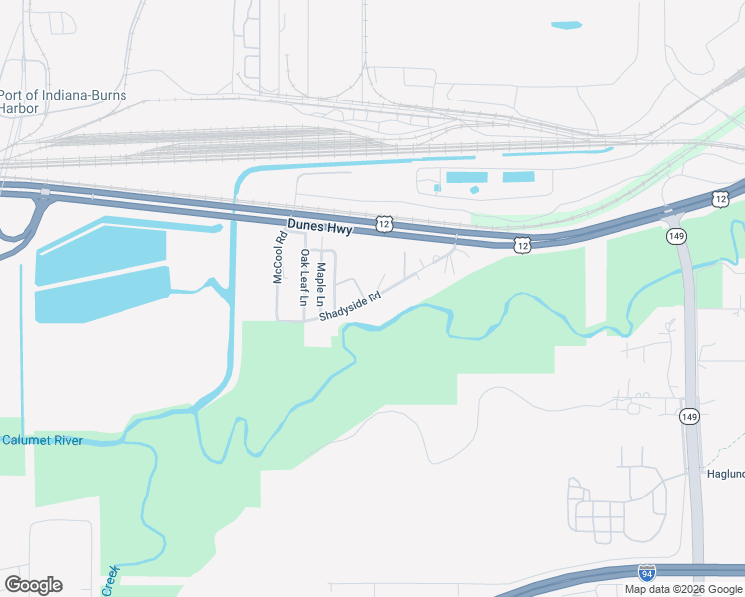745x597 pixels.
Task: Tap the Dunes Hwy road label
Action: [321, 228]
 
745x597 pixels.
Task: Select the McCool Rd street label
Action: [280, 258]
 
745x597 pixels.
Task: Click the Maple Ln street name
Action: [321, 284]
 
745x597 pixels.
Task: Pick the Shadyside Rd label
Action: [351, 306]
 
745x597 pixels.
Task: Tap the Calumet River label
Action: [42, 440]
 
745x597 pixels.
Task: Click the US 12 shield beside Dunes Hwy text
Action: [384, 226]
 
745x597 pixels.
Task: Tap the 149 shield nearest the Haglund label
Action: [689, 415]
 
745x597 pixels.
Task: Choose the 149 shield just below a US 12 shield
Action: [676, 235]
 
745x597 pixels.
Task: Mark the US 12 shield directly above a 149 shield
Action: [720, 199]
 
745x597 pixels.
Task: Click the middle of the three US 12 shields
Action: [521, 244]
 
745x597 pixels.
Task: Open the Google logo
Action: [32, 585]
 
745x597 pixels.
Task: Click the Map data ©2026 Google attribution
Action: [683, 589]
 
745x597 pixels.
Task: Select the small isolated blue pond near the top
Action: [566, 25]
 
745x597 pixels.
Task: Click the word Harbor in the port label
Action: [19, 108]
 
